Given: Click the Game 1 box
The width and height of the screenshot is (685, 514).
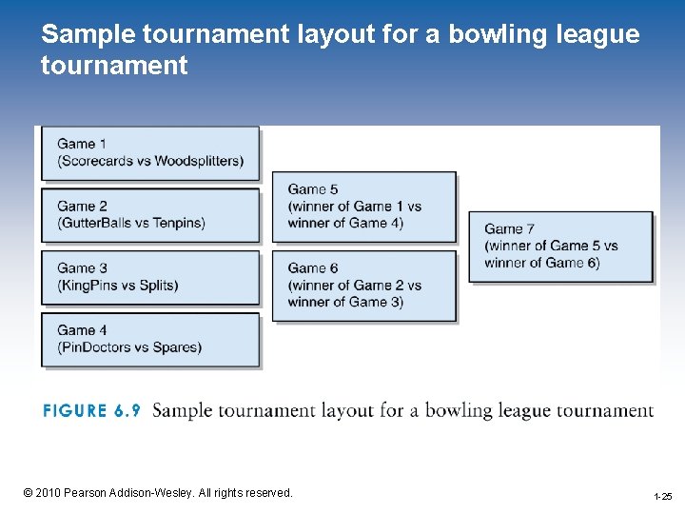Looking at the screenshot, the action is [x=149, y=152].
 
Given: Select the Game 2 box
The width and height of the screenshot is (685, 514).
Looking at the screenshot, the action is [x=149, y=214].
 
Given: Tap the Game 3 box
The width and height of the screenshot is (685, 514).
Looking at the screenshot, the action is [x=149, y=277].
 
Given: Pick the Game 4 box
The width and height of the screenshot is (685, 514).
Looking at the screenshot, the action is [x=149, y=339].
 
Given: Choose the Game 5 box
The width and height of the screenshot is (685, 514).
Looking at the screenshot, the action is [x=364, y=206].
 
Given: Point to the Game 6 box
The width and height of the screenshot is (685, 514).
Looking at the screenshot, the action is [x=364, y=285].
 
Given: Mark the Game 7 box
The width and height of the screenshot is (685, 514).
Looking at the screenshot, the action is [x=559, y=246].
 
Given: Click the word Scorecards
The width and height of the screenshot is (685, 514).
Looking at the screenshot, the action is [x=95, y=161].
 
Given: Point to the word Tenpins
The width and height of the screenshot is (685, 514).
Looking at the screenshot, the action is [x=177, y=223].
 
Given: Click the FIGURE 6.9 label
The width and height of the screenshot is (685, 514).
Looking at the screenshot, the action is [x=91, y=411].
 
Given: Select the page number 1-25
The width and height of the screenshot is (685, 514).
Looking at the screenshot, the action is [x=662, y=497].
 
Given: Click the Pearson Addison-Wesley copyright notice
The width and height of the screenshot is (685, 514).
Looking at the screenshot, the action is [x=158, y=493].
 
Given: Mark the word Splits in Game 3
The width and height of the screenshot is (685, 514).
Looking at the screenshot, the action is [x=156, y=285].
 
